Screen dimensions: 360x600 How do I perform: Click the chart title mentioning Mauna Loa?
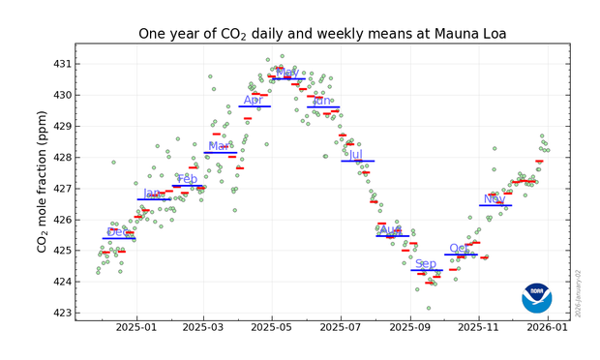[x=321, y=34]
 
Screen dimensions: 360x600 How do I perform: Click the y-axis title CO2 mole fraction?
[x=43, y=181]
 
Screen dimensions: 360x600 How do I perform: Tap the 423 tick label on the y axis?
[x=61, y=313]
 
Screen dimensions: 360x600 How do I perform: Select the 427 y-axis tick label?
[x=61, y=189]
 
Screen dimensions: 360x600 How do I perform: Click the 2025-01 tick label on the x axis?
[x=136, y=329]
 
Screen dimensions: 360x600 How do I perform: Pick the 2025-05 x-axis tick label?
[x=272, y=329]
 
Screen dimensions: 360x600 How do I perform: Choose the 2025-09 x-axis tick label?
[x=410, y=329]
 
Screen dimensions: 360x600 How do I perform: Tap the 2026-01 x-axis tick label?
[x=548, y=329]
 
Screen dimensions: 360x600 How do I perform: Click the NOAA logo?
[x=536, y=298]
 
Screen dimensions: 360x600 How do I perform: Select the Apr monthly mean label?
[x=254, y=100]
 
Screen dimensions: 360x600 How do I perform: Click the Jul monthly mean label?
[x=355, y=155]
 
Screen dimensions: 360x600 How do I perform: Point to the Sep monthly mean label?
[x=426, y=263]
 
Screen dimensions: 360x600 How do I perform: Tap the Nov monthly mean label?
[x=495, y=199]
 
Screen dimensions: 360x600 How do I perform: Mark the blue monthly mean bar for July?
[x=357, y=161]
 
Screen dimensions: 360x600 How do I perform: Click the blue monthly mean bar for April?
[x=255, y=106]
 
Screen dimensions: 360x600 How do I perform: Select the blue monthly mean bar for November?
[x=495, y=205]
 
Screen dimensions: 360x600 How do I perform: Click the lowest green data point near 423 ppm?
[x=429, y=308]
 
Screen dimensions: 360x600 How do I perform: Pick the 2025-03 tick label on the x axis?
[x=204, y=329]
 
